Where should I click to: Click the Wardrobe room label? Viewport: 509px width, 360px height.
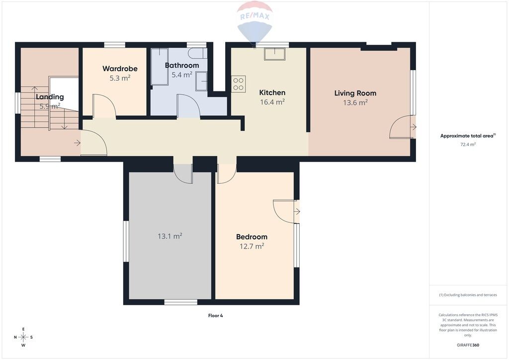point(120,69)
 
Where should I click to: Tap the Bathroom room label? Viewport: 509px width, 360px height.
point(182,65)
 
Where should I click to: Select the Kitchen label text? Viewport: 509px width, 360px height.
point(272,92)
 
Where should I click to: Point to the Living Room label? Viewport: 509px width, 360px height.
point(355,93)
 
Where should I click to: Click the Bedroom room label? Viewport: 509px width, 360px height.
point(252,237)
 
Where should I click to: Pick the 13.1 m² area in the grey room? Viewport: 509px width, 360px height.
point(170,236)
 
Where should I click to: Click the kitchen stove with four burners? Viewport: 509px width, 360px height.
point(238,84)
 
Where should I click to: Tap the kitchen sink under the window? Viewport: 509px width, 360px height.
point(274,54)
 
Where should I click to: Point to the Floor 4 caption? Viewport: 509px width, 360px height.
point(216,316)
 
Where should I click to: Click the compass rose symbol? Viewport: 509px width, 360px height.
point(23,337)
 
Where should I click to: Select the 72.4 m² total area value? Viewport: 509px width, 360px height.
point(468,145)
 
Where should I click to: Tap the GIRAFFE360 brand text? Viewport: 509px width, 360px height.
point(468,345)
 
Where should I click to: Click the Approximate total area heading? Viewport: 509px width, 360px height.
point(468,136)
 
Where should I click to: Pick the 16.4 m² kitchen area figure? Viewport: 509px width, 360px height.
point(272,102)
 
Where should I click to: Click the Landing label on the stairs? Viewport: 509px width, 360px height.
point(50,97)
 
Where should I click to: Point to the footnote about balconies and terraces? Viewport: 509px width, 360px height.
point(468,295)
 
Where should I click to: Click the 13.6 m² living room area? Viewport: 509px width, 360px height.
point(355,102)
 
